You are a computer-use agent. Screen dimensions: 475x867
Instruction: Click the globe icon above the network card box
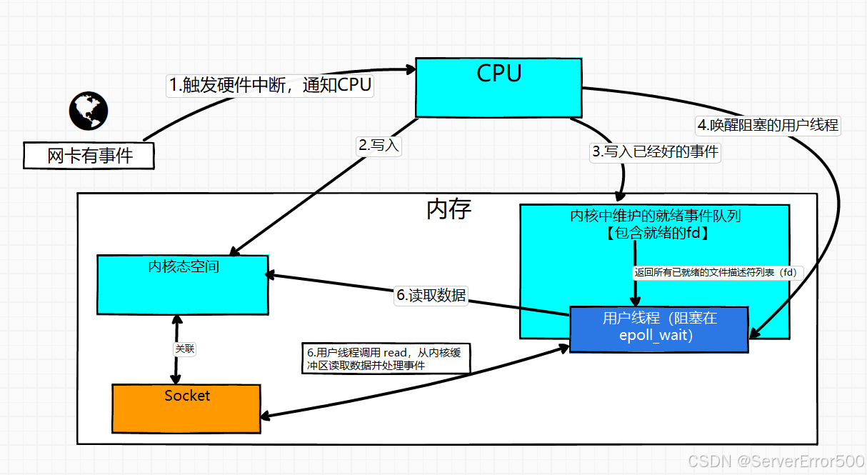[x=89, y=110]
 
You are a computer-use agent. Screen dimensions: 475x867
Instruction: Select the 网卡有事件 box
[x=89, y=155]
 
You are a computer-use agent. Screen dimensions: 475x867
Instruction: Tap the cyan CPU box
[x=498, y=87]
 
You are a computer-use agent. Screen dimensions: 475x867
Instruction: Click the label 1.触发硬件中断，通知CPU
[x=271, y=85]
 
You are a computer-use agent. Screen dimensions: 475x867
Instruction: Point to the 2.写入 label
[x=379, y=146]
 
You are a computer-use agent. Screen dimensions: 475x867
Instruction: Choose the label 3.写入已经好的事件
[x=655, y=151]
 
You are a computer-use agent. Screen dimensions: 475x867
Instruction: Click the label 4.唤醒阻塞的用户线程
[x=768, y=125]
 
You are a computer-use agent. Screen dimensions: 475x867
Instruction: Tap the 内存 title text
[x=448, y=209]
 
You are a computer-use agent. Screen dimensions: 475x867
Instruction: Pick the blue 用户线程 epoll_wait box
[x=658, y=329]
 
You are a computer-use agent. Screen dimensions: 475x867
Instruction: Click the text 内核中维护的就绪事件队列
[x=655, y=216]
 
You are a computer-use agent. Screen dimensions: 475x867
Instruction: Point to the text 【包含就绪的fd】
[x=656, y=232]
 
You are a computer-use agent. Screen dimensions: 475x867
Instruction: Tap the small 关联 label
[x=185, y=349]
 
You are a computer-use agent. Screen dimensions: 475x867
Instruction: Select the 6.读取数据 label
[x=431, y=295]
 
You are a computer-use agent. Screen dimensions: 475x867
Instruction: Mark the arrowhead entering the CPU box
[x=411, y=69]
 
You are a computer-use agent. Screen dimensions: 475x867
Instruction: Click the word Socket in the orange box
[x=187, y=396]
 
